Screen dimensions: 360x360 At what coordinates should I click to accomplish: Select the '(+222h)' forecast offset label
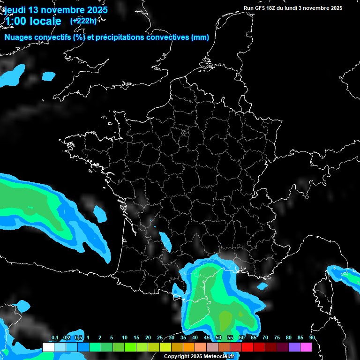83,21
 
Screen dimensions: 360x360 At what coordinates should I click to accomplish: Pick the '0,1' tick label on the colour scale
54,338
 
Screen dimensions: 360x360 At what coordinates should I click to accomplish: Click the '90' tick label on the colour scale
312,338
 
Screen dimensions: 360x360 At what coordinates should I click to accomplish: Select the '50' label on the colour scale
218,338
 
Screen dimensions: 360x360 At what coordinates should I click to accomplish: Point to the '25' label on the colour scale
160,338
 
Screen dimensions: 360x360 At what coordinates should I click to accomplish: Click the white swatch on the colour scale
48,347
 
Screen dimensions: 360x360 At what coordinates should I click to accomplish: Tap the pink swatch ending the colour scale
306,347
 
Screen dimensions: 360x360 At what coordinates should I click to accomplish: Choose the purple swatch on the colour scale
294,347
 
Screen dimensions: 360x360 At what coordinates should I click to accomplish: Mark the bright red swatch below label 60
247,347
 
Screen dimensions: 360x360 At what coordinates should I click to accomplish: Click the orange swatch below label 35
188,347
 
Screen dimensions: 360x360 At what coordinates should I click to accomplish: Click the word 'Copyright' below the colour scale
176,357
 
